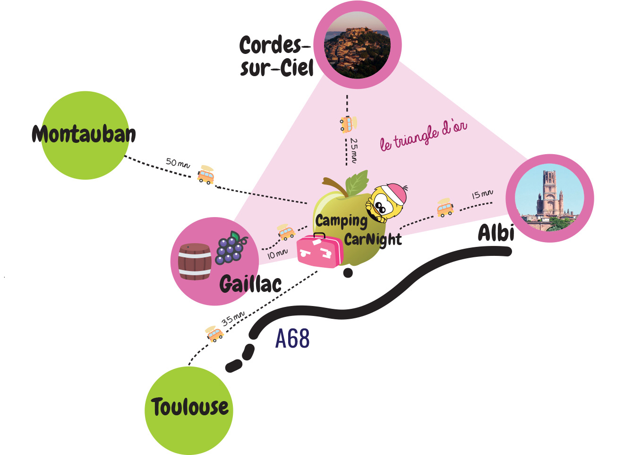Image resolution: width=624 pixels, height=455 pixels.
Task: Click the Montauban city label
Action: pos(84,134)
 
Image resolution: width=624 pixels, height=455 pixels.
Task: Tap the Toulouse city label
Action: pos(189,407)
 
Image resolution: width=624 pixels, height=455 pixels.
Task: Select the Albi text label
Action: pos(496,233)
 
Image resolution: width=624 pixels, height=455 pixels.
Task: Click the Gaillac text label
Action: pos(250,284)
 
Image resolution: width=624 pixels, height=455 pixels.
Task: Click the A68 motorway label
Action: pos(292,339)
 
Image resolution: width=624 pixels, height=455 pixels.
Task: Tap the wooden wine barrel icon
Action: pos(194,262)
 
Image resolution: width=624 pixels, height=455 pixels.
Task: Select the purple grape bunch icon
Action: pos(231,248)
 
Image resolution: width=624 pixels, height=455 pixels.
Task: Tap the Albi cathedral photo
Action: pos(549,198)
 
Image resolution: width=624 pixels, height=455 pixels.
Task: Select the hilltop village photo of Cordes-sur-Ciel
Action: pos(357,45)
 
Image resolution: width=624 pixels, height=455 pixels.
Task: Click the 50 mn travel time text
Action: pos(178,163)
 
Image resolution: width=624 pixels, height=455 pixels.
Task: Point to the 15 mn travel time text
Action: pos(482,194)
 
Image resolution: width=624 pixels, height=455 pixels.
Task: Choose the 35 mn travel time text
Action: pos(233,318)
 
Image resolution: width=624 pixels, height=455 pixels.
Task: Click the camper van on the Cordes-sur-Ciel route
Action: pos(348,124)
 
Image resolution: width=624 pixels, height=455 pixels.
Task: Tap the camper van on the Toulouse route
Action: pos(214,333)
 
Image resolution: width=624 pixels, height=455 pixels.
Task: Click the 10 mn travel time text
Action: pos(277,254)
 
